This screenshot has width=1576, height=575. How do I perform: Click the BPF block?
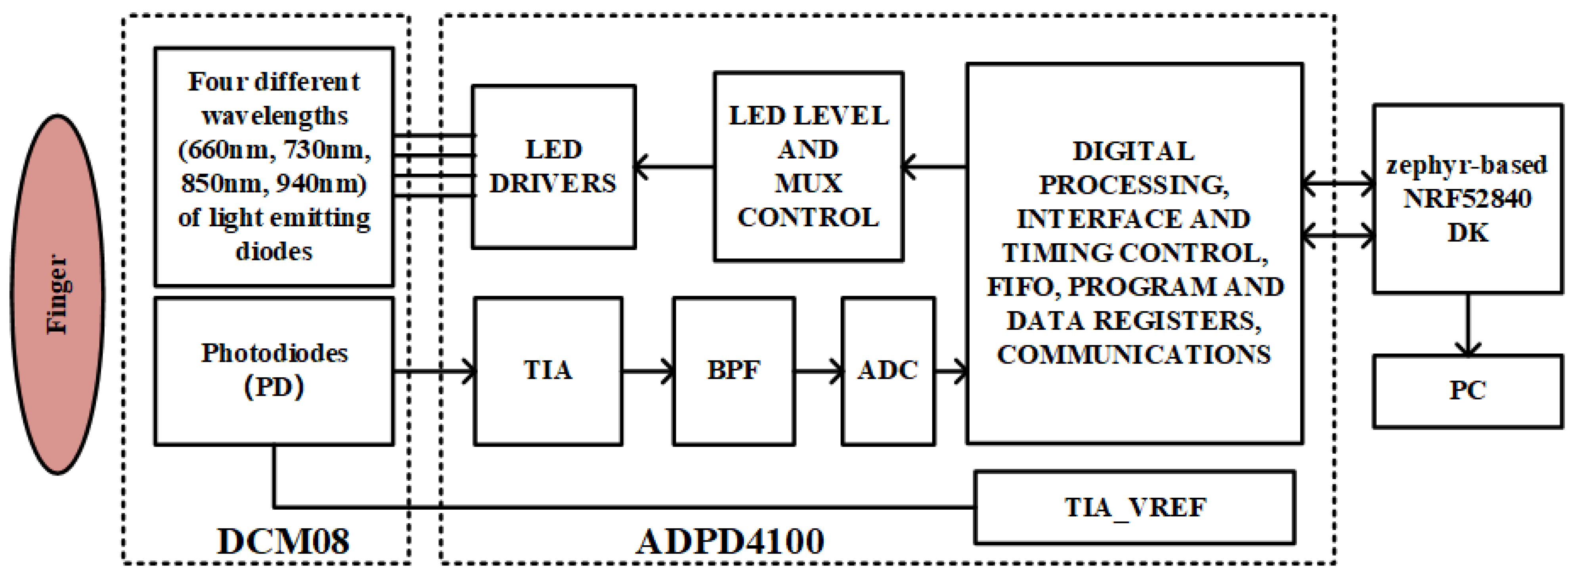tap(734, 371)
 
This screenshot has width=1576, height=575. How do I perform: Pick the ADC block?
tap(888, 371)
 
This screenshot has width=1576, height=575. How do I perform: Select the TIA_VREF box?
tap(1134, 507)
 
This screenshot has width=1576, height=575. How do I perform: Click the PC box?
tap(1467, 390)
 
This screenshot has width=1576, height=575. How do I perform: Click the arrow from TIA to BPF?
tap(647, 371)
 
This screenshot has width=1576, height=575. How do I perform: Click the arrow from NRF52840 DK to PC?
tap(1467, 324)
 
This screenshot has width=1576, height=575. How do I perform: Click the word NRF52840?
tap(1467, 199)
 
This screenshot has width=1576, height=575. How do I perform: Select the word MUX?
tap(808, 183)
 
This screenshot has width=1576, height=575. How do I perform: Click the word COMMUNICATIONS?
tap(1134, 355)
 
